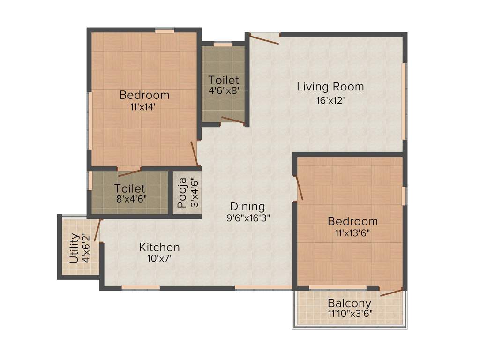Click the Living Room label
click(x=330, y=87)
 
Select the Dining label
click(x=247, y=206)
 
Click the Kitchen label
click(x=159, y=247)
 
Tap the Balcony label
click(x=349, y=303)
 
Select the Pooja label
click(x=182, y=192)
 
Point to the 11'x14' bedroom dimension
click(x=143, y=106)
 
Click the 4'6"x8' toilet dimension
click(x=224, y=90)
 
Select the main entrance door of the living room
click(x=264, y=39)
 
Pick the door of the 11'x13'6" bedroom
click(x=299, y=188)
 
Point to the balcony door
click(x=391, y=292)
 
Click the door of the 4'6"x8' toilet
click(x=232, y=120)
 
